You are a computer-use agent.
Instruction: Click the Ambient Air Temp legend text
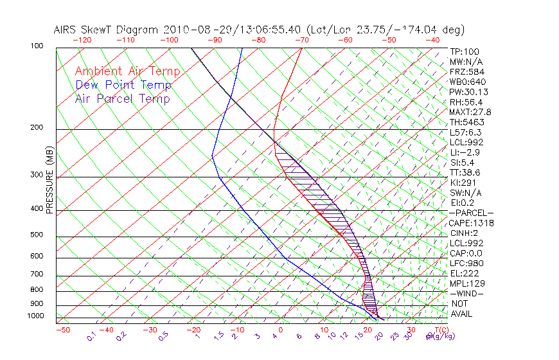(x=127, y=71)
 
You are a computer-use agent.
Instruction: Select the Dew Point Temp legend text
(x=123, y=85)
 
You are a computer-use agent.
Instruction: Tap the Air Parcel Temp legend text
(x=122, y=98)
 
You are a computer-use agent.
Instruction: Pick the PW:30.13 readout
(x=466, y=92)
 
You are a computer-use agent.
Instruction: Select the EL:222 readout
(x=463, y=273)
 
